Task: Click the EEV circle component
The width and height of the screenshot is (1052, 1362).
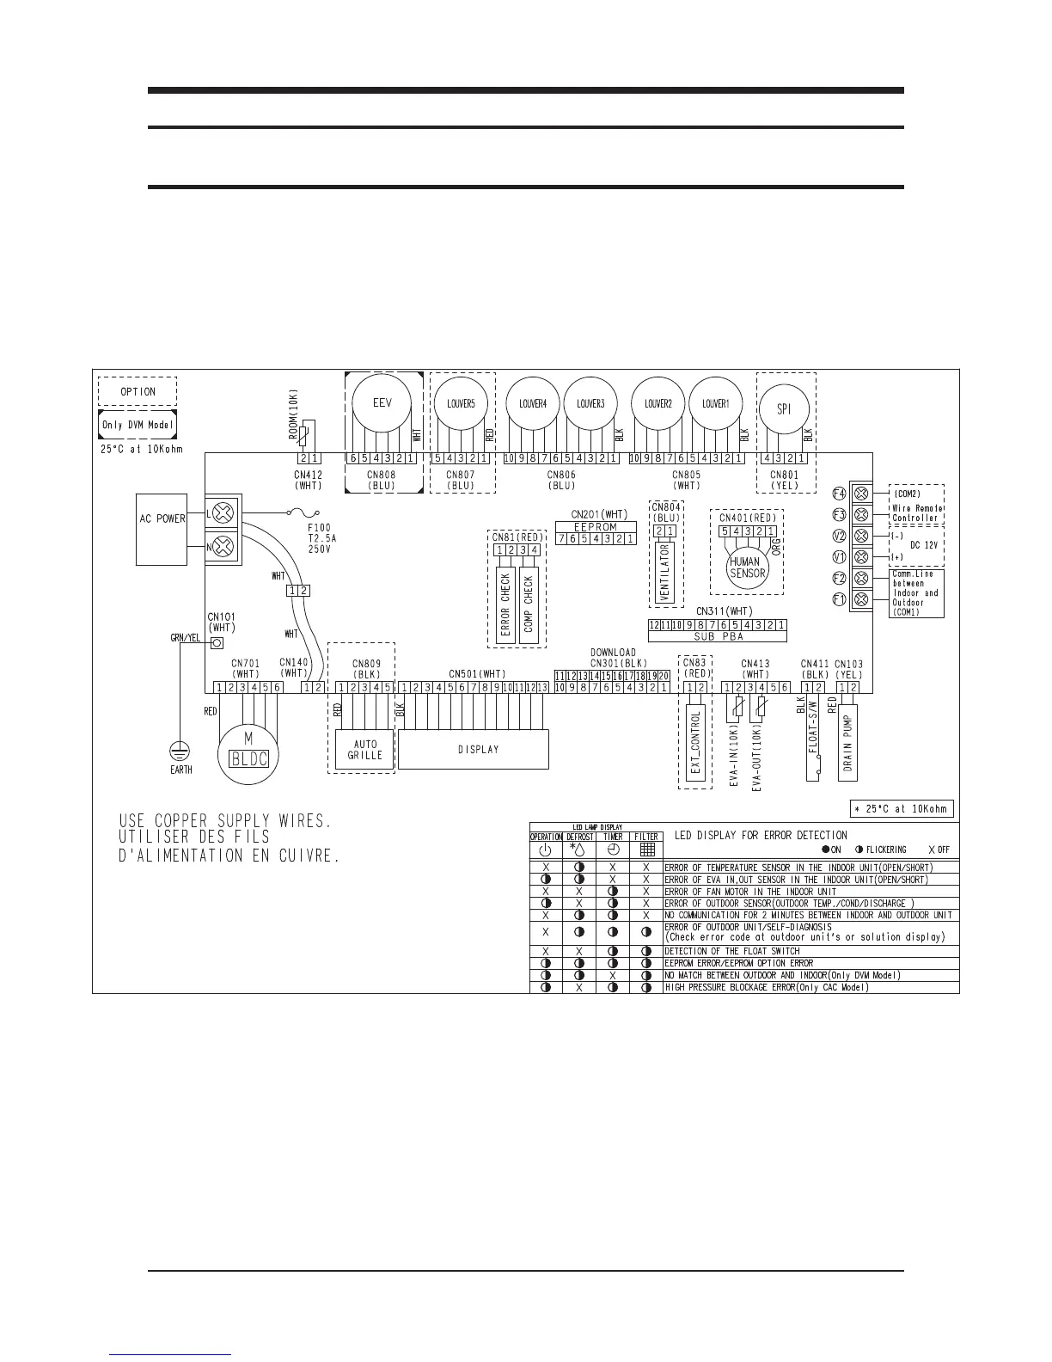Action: click(382, 403)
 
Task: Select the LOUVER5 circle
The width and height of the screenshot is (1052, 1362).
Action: click(461, 403)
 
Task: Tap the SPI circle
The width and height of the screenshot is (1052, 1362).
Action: click(784, 410)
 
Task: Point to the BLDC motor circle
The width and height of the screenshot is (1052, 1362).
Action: click(249, 752)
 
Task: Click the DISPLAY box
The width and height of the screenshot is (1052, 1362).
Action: click(474, 749)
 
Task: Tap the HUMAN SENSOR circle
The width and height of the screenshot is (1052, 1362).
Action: click(744, 567)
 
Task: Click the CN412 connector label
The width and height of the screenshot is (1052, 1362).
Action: click(308, 475)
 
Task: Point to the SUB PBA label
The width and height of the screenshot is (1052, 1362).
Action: click(718, 637)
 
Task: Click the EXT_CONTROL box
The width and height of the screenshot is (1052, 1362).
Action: click(696, 741)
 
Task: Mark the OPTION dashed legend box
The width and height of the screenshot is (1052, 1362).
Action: click(138, 391)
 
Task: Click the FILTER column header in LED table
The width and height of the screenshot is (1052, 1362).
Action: click(646, 836)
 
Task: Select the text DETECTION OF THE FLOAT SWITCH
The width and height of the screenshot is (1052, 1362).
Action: click(731, 951)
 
